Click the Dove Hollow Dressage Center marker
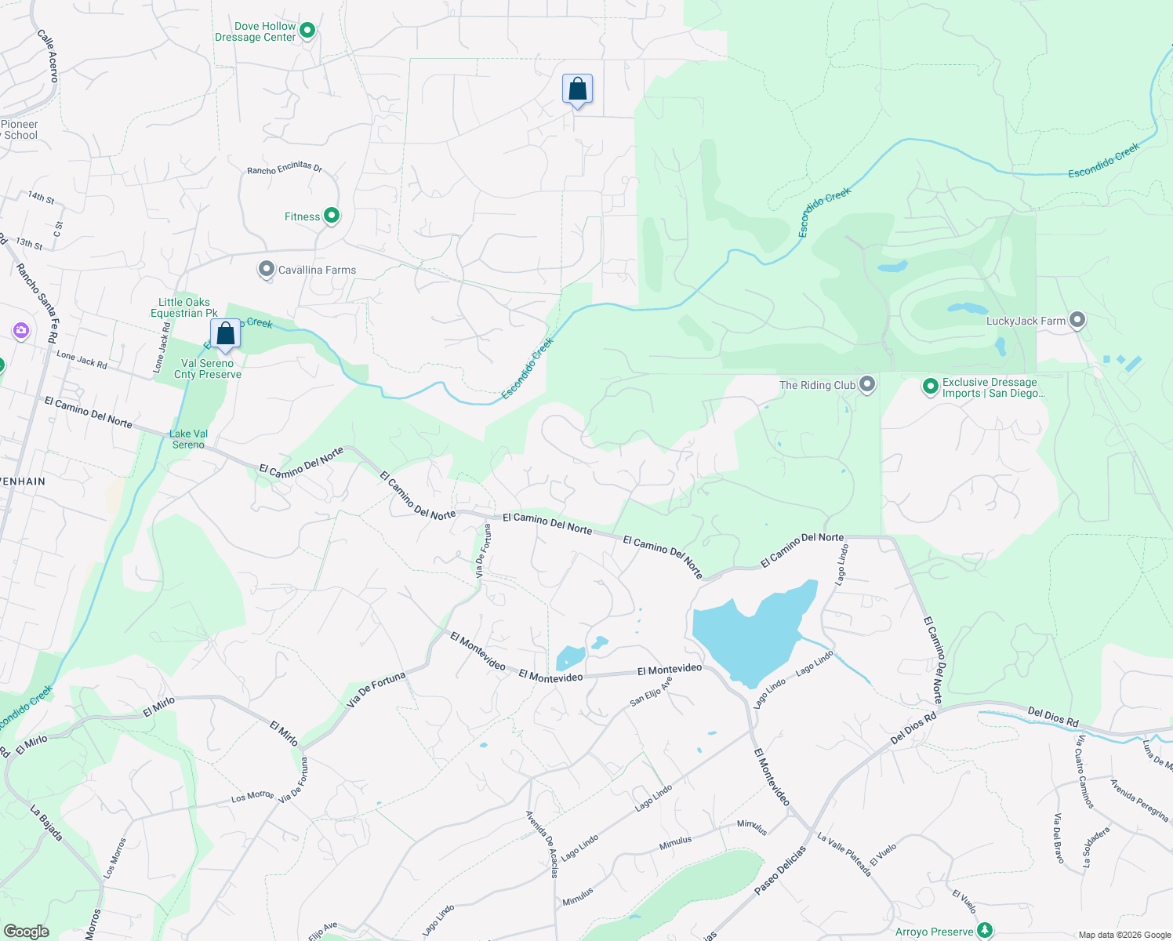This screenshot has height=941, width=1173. click(x=307, y=31)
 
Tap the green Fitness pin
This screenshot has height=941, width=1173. click(x=332, y=216)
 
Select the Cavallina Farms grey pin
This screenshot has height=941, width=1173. click(x=267, y=270)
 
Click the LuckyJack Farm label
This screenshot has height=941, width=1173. click(x=1026, y=321)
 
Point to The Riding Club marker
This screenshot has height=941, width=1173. click(x=867, y=384)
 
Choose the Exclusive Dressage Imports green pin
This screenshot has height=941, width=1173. click(x=930, y=386)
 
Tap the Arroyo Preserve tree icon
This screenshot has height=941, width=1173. click(x=985, y=932)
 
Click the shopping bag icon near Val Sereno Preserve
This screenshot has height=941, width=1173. click(x=225, y=334)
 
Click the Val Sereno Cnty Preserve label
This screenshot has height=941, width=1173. click(x=208, y=369)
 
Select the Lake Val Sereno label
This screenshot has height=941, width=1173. click(x=188, y=439)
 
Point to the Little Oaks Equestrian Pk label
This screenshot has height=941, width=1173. click(x=184, y=307)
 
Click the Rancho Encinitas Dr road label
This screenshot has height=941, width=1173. click(x=285, y=169)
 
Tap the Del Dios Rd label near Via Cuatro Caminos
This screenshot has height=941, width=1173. click(x=1053, y=716)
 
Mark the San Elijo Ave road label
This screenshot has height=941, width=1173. click(x=651, y=692)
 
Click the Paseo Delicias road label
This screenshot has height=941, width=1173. click(x=780, y=870)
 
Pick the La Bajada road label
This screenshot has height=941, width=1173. click(x=46, y=823)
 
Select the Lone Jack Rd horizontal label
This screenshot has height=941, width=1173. click(x=82, y=359)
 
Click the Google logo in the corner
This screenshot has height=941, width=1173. click(x=26, y=932)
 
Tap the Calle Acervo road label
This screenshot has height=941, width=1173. click(x=48, y=56)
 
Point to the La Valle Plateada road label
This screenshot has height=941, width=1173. click(x=844, y=855)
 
